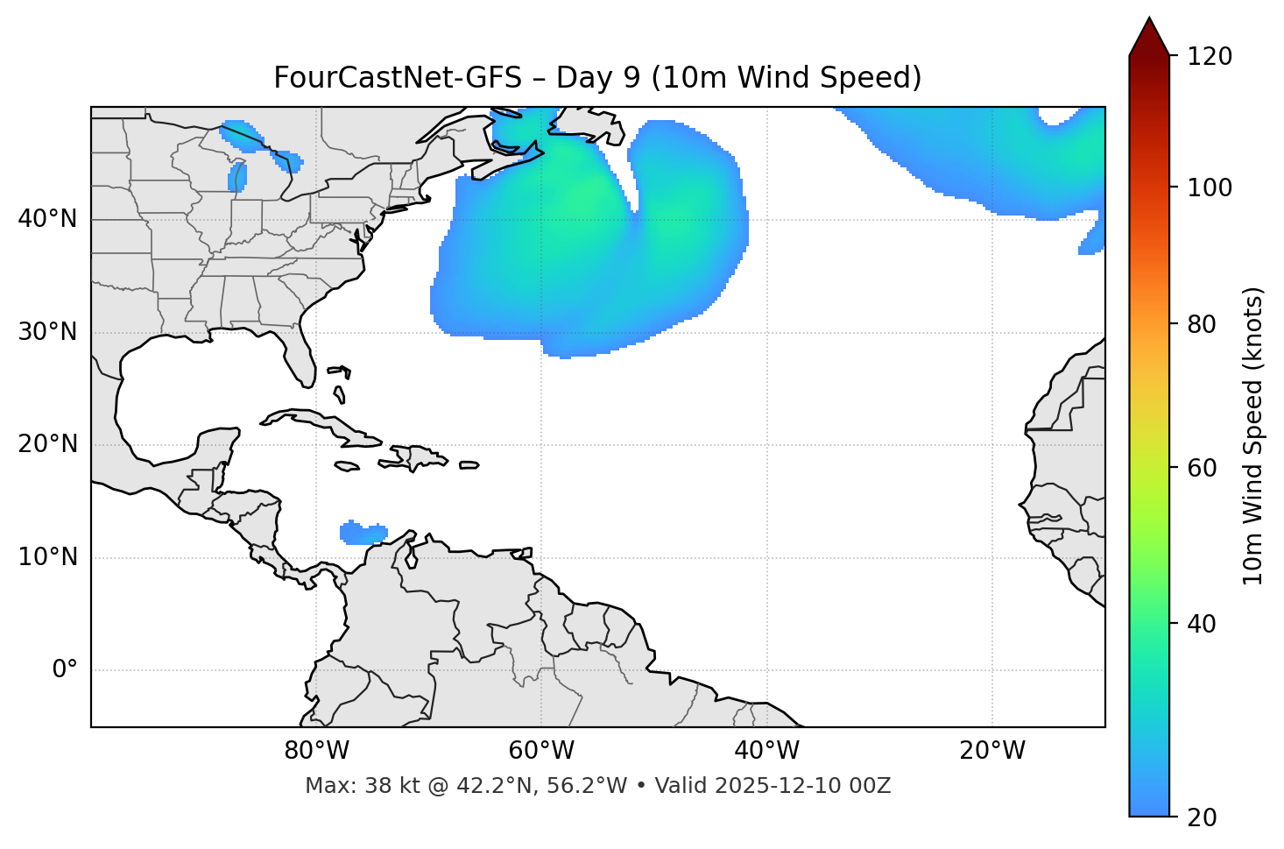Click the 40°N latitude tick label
[x=47, y=219]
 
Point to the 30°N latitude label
[x=47, y=332]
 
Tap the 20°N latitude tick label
[x=47, y=444]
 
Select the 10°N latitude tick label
[x=47, y=557]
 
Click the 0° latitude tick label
[x=65, y=670]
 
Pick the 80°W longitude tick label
[x=316, y=751]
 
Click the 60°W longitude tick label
[x=541, y=751]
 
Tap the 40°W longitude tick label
[x=766, y=751]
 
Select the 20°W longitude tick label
[x=992, y=751]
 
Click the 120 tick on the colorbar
[x=1210, y=57]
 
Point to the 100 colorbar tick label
[x=1210, y=187]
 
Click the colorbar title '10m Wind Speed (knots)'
[x=1253, y=435]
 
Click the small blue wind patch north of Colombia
[x=363, y=533]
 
